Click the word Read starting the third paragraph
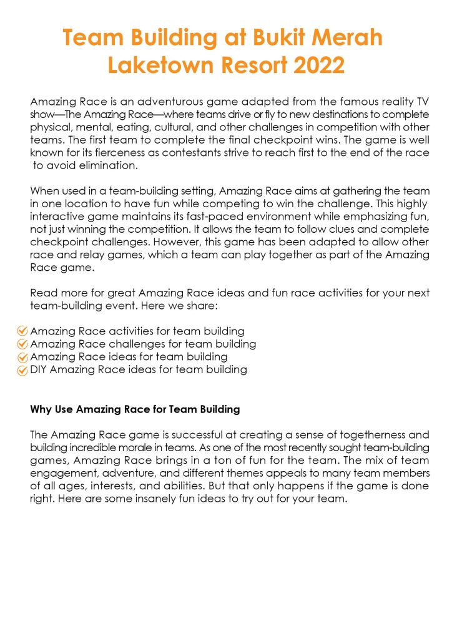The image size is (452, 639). pos(42,293)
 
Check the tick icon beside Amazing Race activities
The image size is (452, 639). pos(22,331)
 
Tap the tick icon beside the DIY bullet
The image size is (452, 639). pos(22,371)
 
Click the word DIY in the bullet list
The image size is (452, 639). pos(38,370)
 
